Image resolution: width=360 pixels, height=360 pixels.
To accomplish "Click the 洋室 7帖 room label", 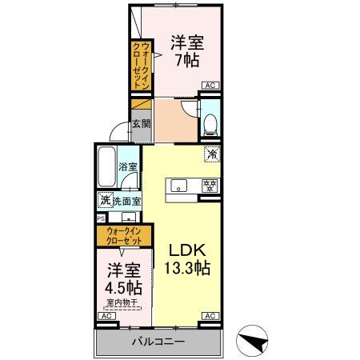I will [x=186, y=50].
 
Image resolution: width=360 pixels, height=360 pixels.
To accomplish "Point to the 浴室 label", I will [x=128, y=167].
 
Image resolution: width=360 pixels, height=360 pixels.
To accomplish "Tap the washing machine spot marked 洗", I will [x=104, y=200].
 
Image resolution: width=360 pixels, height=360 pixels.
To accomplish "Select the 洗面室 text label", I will [x=126, y=202].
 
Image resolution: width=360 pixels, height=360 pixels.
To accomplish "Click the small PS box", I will [x=101, y=217].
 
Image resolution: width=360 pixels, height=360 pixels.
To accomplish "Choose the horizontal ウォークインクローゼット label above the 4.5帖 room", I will [x=119, y=235].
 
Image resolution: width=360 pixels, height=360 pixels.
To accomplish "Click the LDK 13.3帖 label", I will [x=187, y=260].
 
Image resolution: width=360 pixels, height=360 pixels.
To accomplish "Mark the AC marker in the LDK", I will [x=210, y=316].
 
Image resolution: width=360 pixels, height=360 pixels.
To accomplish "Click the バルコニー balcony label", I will [x=158, y=342].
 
